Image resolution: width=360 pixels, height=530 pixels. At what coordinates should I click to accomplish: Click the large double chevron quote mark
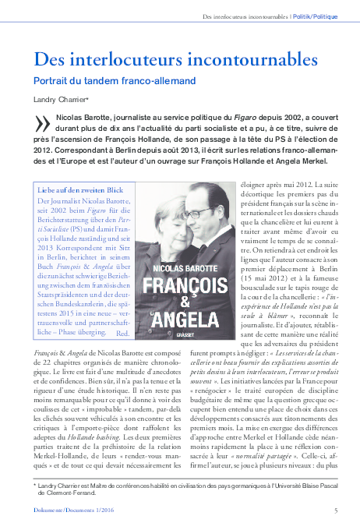[42, 123]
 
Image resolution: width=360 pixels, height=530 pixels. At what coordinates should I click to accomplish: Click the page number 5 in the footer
[336, 510]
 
